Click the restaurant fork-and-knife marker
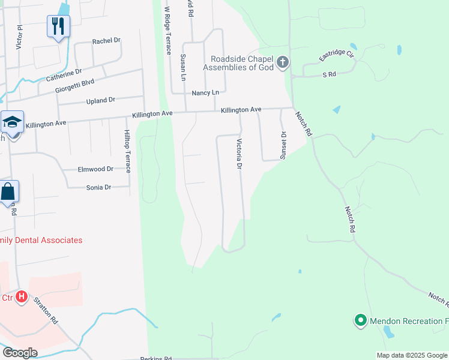coord(58,26)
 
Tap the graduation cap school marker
coord(12,122)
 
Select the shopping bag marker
coord(8,192)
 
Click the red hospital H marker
coord(22,296)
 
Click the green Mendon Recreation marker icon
coord(360,321)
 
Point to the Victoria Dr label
coord(240,154)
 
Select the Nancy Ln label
coord(205,93)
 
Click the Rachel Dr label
coord(106,41)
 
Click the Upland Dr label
coord(100,100)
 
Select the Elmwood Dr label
coord(95,170)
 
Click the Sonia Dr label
coord(98,187)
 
